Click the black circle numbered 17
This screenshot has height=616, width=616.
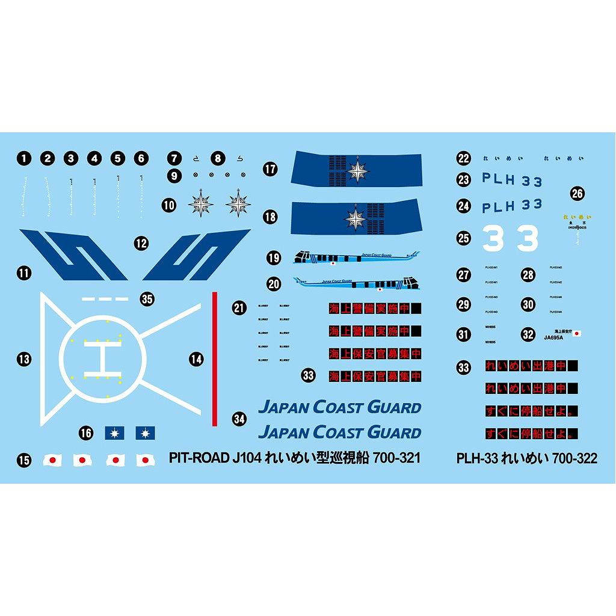(270, 169)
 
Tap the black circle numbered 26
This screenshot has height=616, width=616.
(577, 194)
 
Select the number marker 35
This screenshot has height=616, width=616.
(147, 298)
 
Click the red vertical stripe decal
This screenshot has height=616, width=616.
(215, 359)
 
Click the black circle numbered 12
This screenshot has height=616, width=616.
(141, 244)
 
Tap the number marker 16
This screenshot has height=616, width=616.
(87, 433)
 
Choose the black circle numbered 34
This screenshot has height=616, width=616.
(239, 419)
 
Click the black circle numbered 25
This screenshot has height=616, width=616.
(463, 238)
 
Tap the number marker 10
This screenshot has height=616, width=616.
(169, 205)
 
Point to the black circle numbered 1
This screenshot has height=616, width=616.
(23, 159)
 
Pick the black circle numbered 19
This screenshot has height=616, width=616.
(274, 258)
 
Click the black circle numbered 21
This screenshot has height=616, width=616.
(239, 309)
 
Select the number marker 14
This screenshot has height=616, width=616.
(196, 359)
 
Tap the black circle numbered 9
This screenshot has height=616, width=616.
(174, 176)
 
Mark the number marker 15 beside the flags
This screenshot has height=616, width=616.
(23, 461)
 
